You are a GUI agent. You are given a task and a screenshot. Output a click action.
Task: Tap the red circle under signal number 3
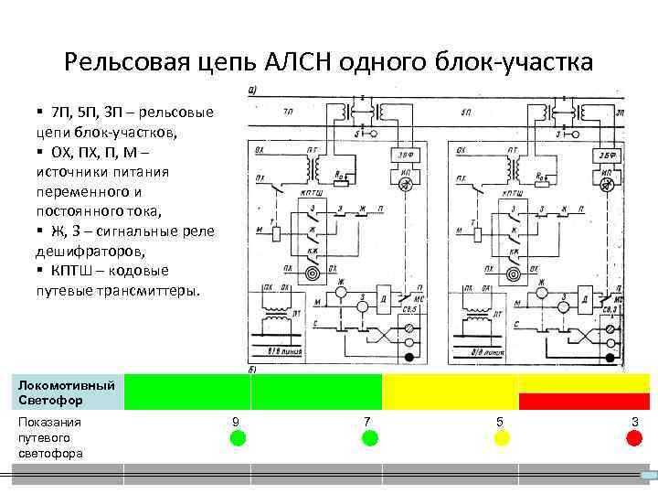point(634,438)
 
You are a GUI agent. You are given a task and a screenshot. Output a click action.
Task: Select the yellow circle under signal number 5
point(502,438)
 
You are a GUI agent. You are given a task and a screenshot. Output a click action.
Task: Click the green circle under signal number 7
point(369,438)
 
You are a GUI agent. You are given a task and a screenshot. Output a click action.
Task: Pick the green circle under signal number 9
point(238,438)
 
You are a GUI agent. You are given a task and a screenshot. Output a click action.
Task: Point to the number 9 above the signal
point(237,421)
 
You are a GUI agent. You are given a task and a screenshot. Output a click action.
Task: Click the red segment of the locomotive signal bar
point(584,401)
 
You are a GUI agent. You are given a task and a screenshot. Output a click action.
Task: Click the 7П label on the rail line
point(288,113)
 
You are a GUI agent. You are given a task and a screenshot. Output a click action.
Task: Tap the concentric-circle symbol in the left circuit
point(313,272)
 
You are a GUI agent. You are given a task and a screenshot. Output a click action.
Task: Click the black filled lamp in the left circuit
point(409,357)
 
